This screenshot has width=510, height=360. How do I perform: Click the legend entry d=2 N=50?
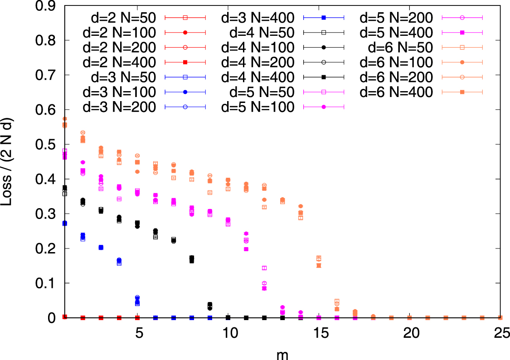pos(120,18)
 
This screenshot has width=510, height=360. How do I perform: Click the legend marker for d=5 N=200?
pos(462,18)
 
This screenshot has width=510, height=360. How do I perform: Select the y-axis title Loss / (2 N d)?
pos(8,162)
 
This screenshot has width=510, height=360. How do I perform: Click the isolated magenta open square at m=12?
pos(264,268)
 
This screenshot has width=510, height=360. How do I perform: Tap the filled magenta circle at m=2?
pos(83,162)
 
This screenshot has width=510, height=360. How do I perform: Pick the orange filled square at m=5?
pos(137,162)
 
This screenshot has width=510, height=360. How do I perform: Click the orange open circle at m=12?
pos(264,185)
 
